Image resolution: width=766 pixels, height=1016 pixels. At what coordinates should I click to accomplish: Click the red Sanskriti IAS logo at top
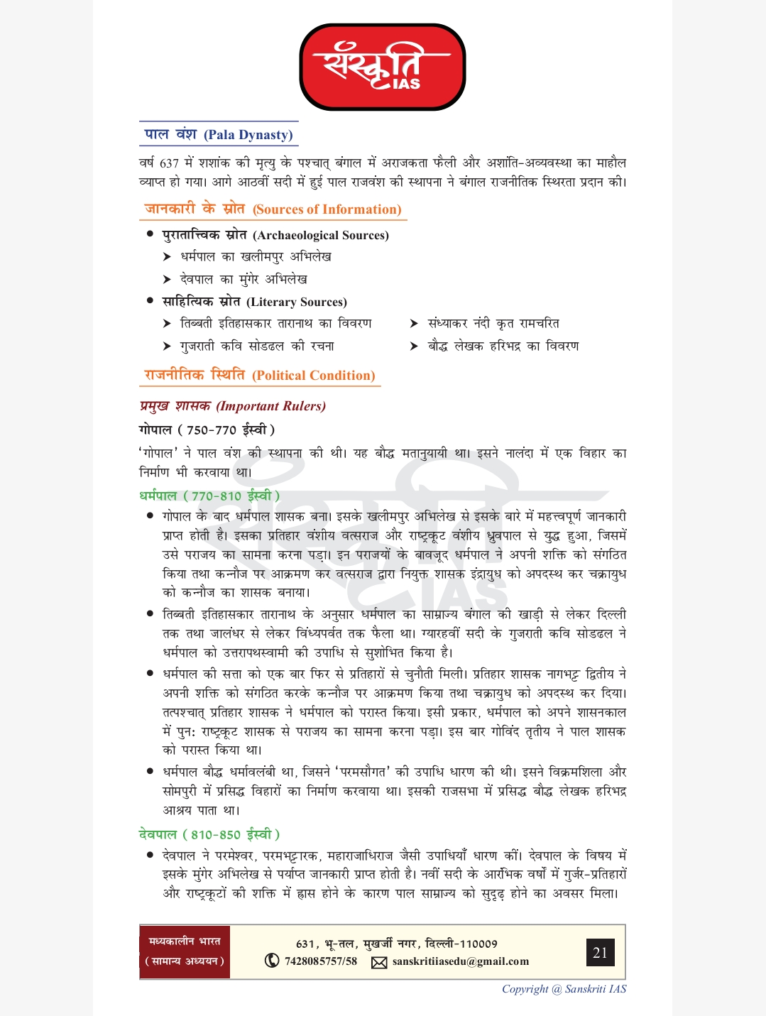[x=383, y=67]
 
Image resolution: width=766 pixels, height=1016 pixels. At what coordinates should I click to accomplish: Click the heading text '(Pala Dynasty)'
[x=248, y=135]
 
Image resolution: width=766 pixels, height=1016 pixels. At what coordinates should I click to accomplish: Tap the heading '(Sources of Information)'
[x=327, y=209]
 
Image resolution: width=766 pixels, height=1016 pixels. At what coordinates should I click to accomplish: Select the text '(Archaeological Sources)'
[x=321, y=235]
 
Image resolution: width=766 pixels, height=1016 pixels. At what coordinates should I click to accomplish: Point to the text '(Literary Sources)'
[x=297, y=302]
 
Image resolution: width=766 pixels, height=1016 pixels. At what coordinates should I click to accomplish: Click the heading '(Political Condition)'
[x=314, y=376]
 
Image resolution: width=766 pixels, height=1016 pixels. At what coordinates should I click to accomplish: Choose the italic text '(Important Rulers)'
[x=271, y=406]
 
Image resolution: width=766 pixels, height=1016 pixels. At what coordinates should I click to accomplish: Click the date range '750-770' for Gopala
[x=211, y=430]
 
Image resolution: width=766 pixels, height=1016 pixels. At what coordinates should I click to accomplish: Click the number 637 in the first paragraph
[x=169, y=163]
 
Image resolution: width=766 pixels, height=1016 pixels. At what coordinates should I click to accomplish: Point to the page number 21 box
[x=600, y=952]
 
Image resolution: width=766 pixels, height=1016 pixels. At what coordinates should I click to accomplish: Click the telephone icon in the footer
[x=272, y=961]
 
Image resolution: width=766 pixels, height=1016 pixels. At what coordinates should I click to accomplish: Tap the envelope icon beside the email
[x=379, y=962]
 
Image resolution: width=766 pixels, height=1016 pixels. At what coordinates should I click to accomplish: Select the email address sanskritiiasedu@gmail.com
[x=461, y=961]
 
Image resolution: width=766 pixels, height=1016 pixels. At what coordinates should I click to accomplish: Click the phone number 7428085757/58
[x=321, y=961]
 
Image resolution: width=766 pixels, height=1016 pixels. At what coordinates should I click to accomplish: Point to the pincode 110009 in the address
[x=479, y=944]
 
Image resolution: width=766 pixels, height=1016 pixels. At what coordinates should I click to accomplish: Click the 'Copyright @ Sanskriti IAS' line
[x=564, y=989]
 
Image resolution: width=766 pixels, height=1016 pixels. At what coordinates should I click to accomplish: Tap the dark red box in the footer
[x=185, y=952]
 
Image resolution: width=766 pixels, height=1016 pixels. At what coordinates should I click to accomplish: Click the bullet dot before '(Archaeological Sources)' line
[x=150, y=234]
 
